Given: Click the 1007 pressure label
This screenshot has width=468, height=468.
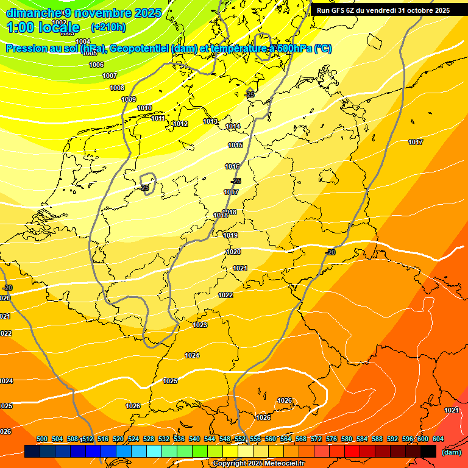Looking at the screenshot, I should coord(110,76).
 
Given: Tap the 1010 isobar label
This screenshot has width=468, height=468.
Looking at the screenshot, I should coord(144,108).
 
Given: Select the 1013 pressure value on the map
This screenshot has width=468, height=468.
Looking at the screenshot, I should coord(210,121).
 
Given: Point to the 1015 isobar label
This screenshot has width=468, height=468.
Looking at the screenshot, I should coord(236,145).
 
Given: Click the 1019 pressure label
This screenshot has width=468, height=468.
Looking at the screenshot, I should coord(230,235).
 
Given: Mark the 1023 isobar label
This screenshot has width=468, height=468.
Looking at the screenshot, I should coord(200,325).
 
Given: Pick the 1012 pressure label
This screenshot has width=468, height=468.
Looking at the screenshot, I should coord(180,124).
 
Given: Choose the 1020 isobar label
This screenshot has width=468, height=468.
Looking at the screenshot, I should coord(233,252).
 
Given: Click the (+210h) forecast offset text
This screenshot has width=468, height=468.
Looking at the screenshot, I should coord(108,27).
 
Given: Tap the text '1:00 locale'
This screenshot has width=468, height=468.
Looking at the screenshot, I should coord(43,27).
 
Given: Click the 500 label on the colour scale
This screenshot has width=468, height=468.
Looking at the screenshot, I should coord(42,439).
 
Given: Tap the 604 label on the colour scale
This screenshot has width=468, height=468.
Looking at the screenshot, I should coord(438,439).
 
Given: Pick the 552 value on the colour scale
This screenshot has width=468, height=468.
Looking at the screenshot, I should coord(240,439).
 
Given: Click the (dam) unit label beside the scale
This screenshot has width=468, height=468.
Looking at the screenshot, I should coord(451,452).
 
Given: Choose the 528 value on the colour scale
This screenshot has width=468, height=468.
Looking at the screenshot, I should coord(149,439).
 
